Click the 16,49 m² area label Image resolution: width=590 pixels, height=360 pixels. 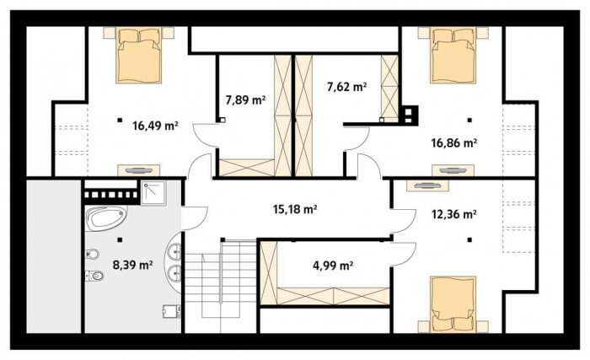point(155,126)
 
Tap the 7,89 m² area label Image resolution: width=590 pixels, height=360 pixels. point(245,100)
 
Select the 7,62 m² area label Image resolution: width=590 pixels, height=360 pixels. point(347,87)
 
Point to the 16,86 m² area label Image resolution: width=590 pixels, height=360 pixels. point(453,143)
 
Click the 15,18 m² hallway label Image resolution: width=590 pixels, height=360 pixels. point(294,209)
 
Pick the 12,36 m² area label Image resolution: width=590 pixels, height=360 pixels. point(453,214)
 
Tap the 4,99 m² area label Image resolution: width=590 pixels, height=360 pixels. point(333,266)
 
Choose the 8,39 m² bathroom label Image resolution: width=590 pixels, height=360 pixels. point(132,265)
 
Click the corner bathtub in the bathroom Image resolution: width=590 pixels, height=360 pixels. point(105,218)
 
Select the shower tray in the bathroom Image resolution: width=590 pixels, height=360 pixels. point(153,193)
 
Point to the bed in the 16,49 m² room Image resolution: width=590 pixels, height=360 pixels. point(139,55)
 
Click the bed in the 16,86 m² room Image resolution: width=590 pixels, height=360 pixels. point(453,55)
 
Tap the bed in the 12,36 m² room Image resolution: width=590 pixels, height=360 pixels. point(453,304)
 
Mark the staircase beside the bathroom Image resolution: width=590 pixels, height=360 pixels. point(222,287)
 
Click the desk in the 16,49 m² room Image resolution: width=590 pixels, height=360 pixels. point(139,170)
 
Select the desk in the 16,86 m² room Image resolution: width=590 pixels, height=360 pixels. point(453,170)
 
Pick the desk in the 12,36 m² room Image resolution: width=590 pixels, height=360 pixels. point(427,185)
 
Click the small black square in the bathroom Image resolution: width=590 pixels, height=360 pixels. point(120,239)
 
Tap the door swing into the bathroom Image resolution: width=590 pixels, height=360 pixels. point(195,219)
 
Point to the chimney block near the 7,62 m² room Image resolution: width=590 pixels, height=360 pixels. point(409,115)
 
